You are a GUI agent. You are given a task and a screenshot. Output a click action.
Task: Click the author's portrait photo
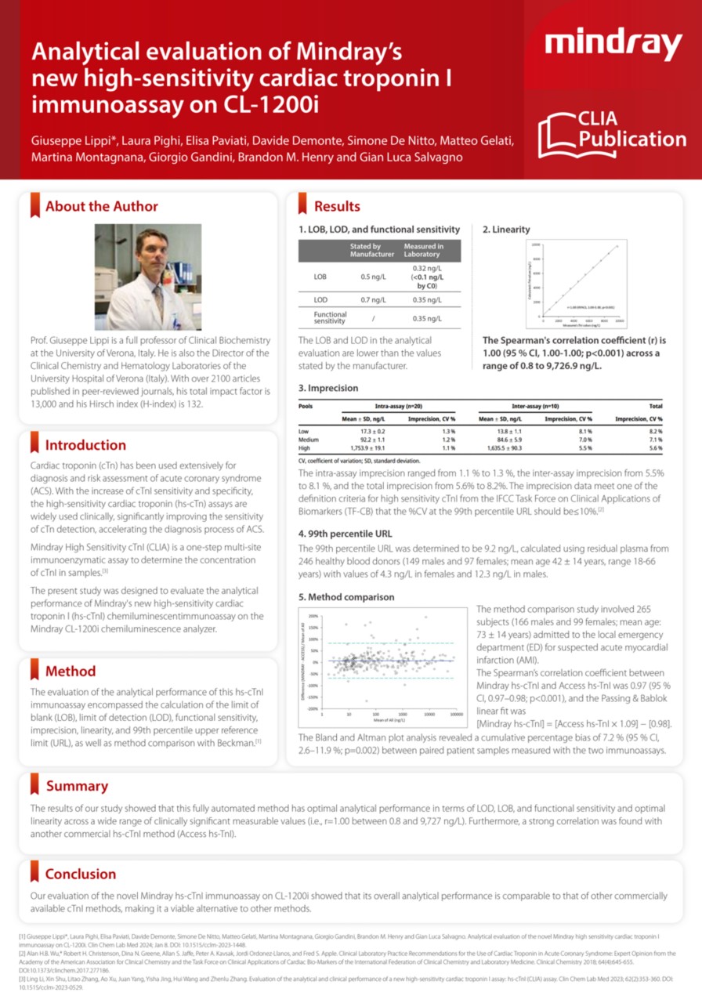148,277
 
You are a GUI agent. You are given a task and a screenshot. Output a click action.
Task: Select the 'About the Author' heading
101,207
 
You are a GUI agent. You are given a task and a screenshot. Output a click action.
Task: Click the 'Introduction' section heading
85,445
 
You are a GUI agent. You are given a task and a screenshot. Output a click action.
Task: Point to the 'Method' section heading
71,671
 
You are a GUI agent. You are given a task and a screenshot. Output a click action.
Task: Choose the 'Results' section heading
337,207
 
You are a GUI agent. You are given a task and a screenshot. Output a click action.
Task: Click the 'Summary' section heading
77,786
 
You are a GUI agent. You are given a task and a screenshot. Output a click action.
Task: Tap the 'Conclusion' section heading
81,874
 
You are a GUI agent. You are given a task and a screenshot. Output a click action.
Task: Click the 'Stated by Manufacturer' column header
371,250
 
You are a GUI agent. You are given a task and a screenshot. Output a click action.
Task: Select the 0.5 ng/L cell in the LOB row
371,277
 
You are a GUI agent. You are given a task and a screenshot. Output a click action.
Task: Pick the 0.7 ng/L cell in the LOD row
371,300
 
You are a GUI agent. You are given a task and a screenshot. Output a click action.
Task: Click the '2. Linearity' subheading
506,230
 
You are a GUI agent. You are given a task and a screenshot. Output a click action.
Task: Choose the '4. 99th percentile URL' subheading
346,534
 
